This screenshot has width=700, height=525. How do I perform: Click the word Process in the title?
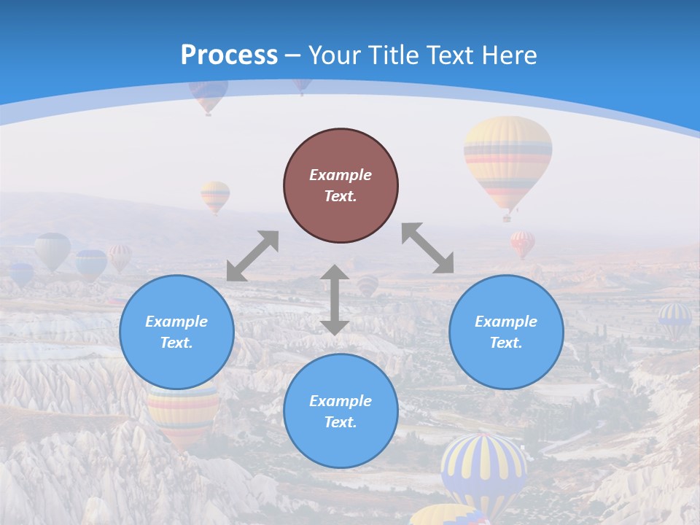(x=229, y=55)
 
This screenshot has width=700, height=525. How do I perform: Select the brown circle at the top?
(x=341, y=186)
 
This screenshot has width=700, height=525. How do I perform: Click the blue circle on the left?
(x=176, y=332)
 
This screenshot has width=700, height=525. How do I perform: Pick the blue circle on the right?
(x=506, y=332)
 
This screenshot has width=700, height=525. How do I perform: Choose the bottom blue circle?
(x=341, y=411)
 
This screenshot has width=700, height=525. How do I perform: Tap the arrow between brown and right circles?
(x=428, y=248)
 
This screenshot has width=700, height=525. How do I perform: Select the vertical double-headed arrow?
(x=335, y=300)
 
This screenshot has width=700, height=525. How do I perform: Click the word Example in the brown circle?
(x=341, y=175)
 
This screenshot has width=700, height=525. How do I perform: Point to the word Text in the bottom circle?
(x=341, y=422)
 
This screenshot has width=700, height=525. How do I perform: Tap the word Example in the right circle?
(x=506, y=322)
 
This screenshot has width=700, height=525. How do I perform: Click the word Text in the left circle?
(x=176, y=343)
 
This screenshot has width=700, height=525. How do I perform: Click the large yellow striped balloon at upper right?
(x=507, y=160)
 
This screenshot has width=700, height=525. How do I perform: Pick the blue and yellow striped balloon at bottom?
(x=483, y=467)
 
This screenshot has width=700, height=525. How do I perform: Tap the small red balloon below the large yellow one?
(x=522, y=243)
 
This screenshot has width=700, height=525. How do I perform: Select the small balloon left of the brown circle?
(x=215, y=195)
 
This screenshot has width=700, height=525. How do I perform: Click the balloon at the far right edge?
(x=675, y=319)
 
